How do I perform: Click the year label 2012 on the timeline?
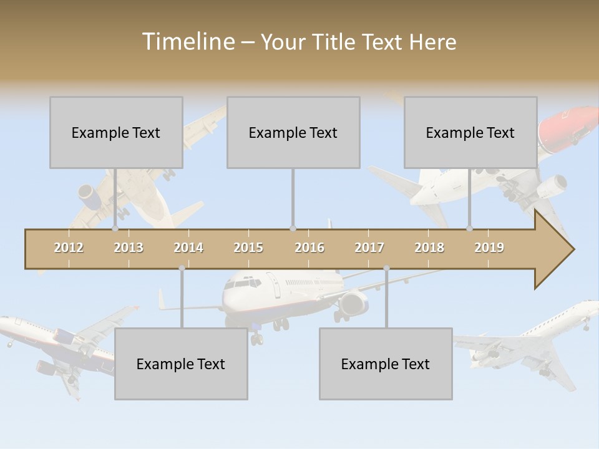pyautogui.click(x=69, y=248)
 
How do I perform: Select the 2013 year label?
pyautogui.click(x=129, y=248)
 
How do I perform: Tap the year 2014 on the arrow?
pyautogui.click(x=188, y=248)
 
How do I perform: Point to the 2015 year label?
pyautogui.click(x=248, y=248)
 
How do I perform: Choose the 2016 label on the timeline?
pyautogui.click(x=309, y=248)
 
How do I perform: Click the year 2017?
pyautogui.click(x=369, y=248)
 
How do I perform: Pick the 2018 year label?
pyautogui.click(x=429, y=248)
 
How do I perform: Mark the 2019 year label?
pyautogui.click(x=489, y=248)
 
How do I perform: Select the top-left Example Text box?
pyautogui.click(x=116, y=132)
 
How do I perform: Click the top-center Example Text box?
pyautogui.click(x=293, y=132)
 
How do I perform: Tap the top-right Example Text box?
pyautogui.click(x=470, y=132)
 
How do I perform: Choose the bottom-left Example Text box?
pyautogui.click(x=181, y=364)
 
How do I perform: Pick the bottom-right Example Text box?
pyautogui.click(x=386, y=364)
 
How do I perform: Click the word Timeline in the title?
pyautogui.click(x=188, y=42)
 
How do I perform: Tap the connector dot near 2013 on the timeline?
pyautogui.click(x=115, y=229)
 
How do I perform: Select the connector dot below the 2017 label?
pyautogui.click(x=386, y=268)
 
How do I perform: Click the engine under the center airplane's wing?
pyautogui.click(x=353, y=304)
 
